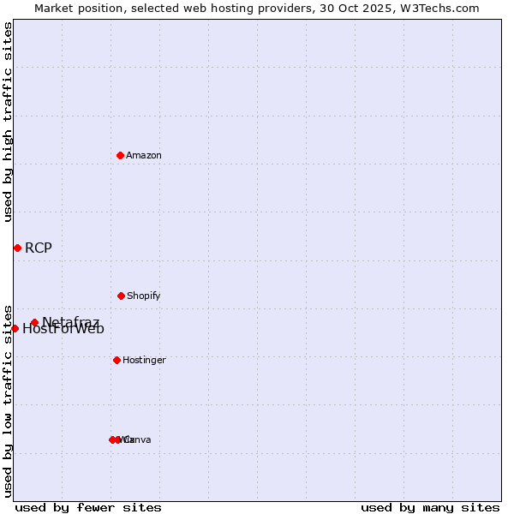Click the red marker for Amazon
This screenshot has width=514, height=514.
click(120, 155)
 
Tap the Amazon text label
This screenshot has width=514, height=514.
click(144, 155)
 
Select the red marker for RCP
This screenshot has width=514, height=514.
click(17, 248)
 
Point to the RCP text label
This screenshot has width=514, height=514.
click(39, 248)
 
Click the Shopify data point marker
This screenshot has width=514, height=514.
click(121, 296)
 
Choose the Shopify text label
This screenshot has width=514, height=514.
click(144, 296)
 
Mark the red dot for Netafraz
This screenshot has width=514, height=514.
click(34, 323)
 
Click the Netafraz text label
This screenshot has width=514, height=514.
click(71, 321)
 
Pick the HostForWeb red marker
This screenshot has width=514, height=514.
click(15, 328)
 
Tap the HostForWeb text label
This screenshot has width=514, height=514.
click(63, 330)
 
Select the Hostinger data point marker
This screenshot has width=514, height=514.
click(117, 360)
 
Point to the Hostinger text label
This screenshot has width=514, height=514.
click(144, 360)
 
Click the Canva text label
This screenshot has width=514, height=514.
click(138, 439)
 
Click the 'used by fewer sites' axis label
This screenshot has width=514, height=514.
click(88, 507)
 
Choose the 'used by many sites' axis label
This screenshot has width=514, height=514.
click(430, 507)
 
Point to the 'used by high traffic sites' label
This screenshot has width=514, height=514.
click(8, 122)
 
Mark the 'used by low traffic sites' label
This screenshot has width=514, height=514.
click(8, 401)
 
